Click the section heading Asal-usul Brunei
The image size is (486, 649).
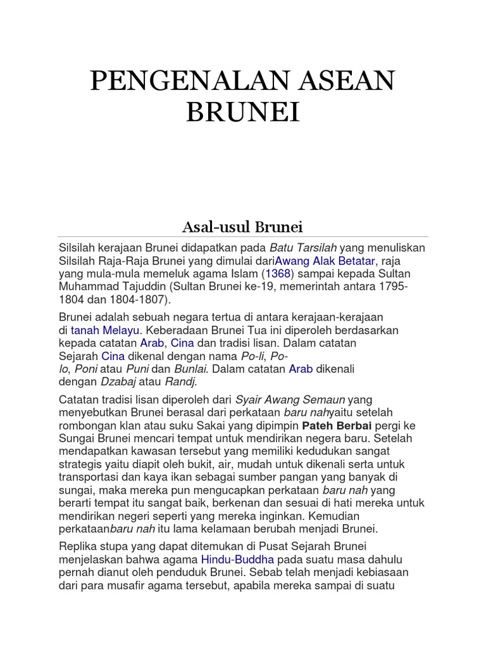click(242, 226)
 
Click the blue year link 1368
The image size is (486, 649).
click(276, 274)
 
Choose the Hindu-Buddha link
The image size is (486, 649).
click(237, 560)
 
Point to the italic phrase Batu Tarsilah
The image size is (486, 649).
click(303, 247)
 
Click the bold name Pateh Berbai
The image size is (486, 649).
click(345, 424)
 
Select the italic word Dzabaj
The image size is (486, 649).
click(117, 382)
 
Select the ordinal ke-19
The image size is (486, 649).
click(240, 287)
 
